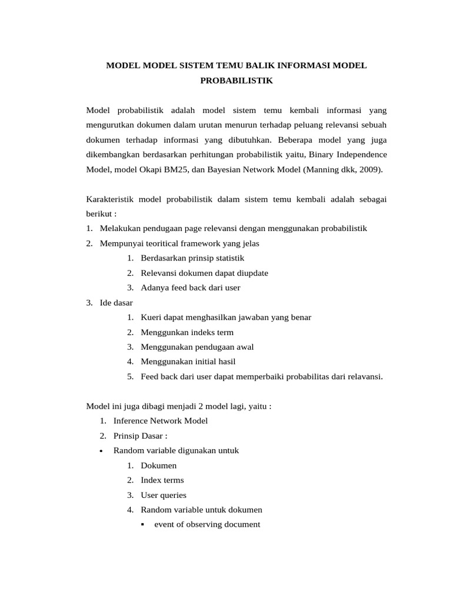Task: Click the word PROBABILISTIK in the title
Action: (237, 81)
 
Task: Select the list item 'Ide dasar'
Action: (117, 303)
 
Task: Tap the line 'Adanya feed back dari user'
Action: (190, 287)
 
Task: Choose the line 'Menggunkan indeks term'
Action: (187, 332)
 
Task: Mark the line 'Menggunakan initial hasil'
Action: (188, 362)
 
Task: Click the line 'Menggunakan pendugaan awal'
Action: (197, 347)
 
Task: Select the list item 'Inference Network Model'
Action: (160, 421)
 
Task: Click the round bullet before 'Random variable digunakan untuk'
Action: (102, 451)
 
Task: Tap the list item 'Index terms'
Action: (162, 480)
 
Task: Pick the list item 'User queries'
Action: (163, 495)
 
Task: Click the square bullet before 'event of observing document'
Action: (144, 524)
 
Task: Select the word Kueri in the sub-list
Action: (151, 317)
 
